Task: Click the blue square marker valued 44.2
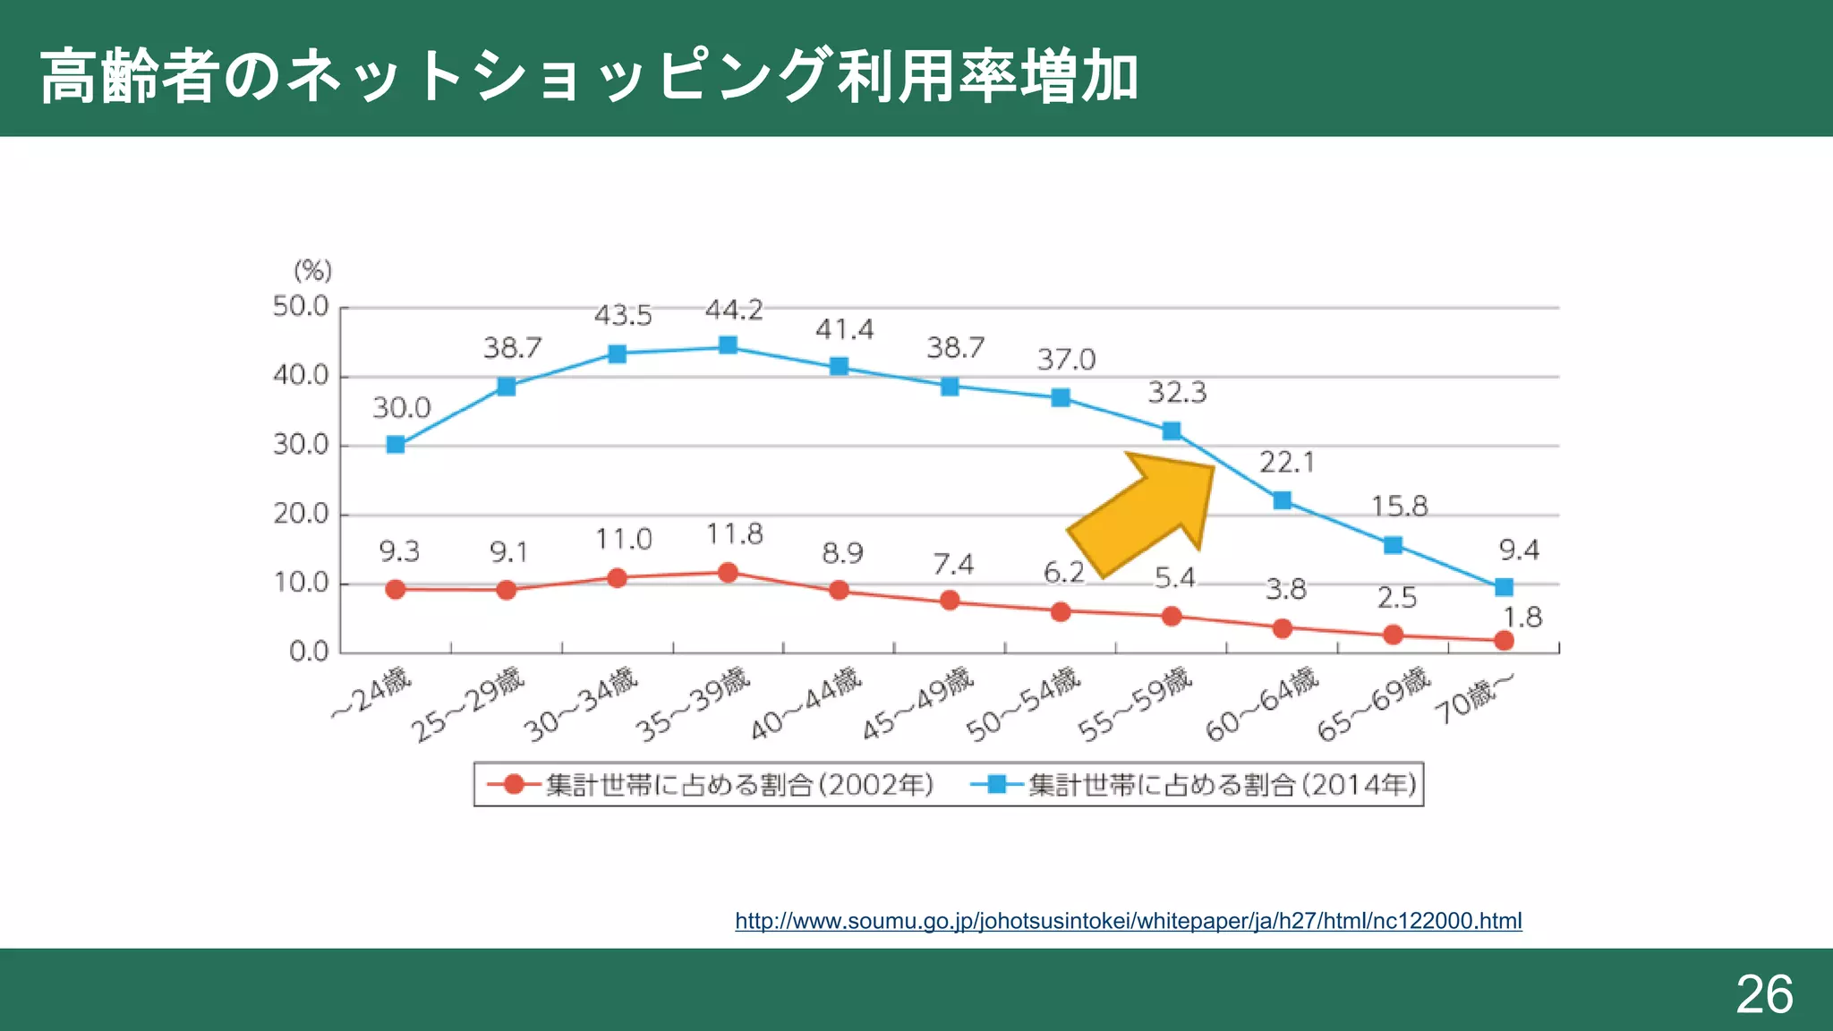[728, 345]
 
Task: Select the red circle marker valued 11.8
[728, 573]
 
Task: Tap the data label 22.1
[1287, 463]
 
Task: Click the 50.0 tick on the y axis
[301, 307]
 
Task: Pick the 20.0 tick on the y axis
[301, 514]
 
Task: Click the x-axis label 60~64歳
[1262, 705]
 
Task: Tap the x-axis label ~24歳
[371, 694]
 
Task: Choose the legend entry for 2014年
[1195, 785]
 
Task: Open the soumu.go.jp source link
[1128, 921]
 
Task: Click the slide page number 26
[1764, 993]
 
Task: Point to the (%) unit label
[312, 270]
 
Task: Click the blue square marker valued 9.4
[1504, 587]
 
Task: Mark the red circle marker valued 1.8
[1504, 641]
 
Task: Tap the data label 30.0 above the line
[402, 408]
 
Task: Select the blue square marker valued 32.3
[1171, 431]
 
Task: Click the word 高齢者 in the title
[130, 77]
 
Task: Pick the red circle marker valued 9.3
[396, 590]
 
